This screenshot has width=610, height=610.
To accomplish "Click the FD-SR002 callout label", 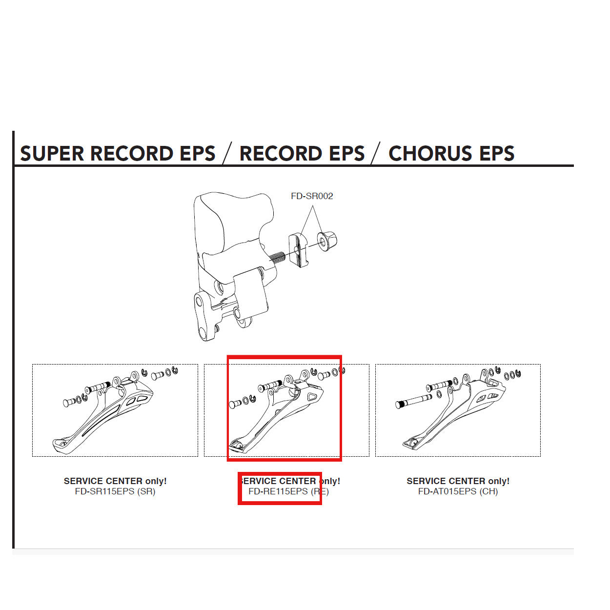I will pos(312,196).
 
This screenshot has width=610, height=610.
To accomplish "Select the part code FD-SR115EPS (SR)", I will pos(115,491).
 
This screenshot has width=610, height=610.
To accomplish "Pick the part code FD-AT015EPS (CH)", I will pos(458,491).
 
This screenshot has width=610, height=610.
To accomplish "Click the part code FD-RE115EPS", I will pos(278,491).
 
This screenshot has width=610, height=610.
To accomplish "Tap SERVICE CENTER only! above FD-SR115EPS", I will pos(115,481).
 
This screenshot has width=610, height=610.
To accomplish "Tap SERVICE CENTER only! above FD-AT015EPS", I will pos(458,481).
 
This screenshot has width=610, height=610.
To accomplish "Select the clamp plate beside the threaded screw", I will pos(298,250).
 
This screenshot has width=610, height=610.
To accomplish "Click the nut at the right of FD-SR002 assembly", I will pos(327,241).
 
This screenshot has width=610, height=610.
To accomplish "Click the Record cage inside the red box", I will pos(278,415).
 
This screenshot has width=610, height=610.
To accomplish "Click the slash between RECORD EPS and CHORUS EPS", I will pos(375,153).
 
